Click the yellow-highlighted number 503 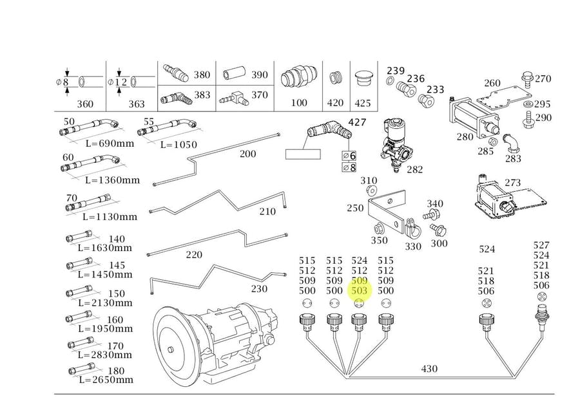[x=360, y=291]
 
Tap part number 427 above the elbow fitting [x=357, y=122]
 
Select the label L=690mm [x=110, y=143]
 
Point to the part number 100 [x=299, y=103]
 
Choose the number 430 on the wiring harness [x=429, y=369]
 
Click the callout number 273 [x=512, y=183]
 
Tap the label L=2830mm [x=108, y=355]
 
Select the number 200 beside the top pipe [x=247, y=154]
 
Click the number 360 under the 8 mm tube [x=85, y=104]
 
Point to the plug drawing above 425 [x=363, y=79]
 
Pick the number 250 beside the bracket [x=355, y=208]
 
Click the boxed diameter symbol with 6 [x=349, y=156]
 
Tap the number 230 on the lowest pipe [x=258, y=289]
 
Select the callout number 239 [x=396, y=71]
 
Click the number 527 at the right [x=541, y=245]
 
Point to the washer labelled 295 [x=528, y=104]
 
